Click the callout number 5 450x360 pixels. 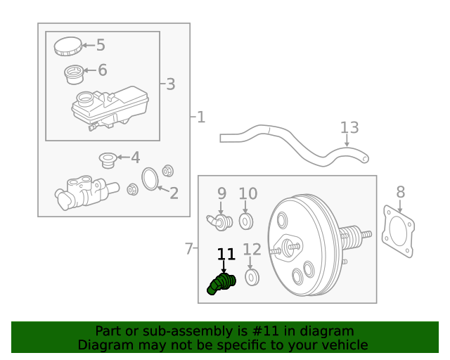101,46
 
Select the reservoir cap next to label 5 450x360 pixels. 67,46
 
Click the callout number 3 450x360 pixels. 170,84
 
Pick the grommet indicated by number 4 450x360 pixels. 108,160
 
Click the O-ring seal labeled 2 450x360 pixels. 150,179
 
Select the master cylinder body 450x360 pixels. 81,193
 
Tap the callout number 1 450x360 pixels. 201,117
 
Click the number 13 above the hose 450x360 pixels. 349,128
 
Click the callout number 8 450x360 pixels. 400,192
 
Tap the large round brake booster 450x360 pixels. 302,245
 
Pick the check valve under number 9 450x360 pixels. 219,222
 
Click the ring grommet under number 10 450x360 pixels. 245,222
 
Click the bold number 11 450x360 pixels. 226,255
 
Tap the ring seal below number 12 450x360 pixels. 252,278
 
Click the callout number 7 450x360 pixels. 188,249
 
